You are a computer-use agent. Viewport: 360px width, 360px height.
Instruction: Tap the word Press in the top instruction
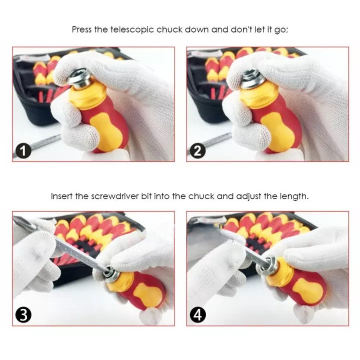[x=82, y=30]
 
